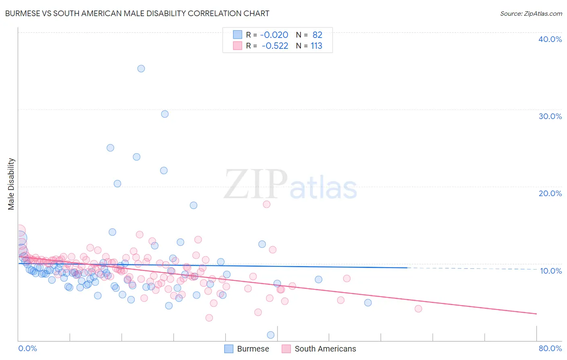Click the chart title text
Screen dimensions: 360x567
click(137, 13)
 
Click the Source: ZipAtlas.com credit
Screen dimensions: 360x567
click(531, 13)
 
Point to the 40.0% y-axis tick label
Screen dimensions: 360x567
click(550, 39)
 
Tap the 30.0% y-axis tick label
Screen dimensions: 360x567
click(550, 116)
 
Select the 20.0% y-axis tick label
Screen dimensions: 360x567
click(550, 193)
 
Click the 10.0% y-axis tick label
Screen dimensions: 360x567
click(551, 271)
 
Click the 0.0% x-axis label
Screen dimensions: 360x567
click(27, 348)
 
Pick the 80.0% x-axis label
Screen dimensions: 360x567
click(550, 348)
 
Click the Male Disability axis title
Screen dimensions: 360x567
click(11, 184)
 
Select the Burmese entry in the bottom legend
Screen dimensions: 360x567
click(253, 349)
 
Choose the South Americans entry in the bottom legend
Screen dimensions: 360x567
click(325, 349)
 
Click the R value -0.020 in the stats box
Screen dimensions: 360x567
click(274, 35)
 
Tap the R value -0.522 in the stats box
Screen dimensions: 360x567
click(275, 46)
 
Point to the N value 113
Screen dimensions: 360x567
click(316, 46)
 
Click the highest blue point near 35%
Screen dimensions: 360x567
click(141, 69)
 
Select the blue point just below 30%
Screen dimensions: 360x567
click(165, 114)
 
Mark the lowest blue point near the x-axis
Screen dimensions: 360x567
click(271, 335)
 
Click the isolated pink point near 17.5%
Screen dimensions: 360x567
click(267, 204)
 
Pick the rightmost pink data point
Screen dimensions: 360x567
click(418, 309)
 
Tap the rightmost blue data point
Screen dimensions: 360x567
click(368, 303)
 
